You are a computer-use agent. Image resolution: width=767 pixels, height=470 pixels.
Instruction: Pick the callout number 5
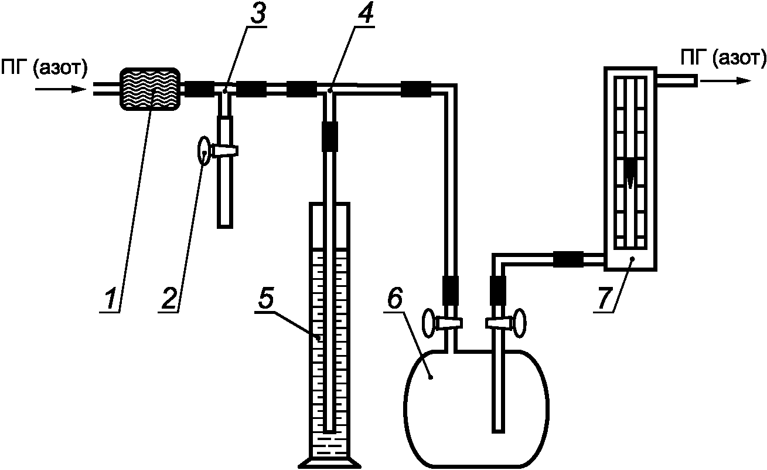pos(265,300)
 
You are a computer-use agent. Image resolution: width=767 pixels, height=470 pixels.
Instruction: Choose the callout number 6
pos(394,300)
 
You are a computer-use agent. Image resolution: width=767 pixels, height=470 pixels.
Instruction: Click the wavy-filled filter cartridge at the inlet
pos(151,89)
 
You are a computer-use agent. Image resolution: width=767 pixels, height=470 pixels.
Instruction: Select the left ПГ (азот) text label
pos(45,69)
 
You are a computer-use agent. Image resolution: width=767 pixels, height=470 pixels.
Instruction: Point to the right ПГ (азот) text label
pos(722,58)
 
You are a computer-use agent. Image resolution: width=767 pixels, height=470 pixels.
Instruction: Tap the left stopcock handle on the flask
pos(430,323)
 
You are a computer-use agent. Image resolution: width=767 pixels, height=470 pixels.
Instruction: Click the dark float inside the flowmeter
pos(630,173)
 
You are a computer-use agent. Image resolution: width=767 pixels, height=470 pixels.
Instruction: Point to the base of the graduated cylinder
pos(329,462)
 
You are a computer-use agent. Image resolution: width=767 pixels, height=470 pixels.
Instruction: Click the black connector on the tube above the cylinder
pos(330,136)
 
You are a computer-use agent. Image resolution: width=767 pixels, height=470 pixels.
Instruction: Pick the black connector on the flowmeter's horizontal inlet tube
pos(567,259)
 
